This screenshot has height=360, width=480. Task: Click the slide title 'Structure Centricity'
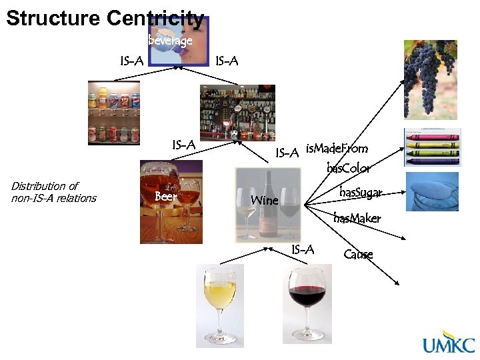pyautogui.click(x=105, y=18)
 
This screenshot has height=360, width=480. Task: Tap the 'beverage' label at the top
pyautogui.click(x=170, y=41)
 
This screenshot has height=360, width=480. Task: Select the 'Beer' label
pyautogui.click(x=165, y=197)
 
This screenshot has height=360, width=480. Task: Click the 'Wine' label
pyautogui.click(x=264, y=200)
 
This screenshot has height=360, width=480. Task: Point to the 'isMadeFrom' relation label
pyautogui.click(x=337, y=148)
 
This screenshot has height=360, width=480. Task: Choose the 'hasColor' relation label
pyautogui.click(x=349, y=168)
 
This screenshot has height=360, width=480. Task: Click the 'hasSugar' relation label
pyautogui.click(x=361, y=193)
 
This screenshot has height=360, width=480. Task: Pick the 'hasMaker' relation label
pyautogui.click(x=357, y=218)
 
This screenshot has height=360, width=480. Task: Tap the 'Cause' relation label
pyautogui.click(x=358, y=254)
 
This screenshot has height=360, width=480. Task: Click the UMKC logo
pyautogui.click(x=449, y=344)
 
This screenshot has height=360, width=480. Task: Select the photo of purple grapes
pyautogui.click(x=430, y=79)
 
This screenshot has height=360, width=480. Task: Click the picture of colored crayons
pyautogui.click(x=431, y=147)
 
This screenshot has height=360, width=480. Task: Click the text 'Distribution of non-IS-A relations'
pyautogui.click(x=54, y=192)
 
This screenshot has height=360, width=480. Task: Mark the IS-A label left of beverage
pyautogui.click(x=131, y=61)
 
